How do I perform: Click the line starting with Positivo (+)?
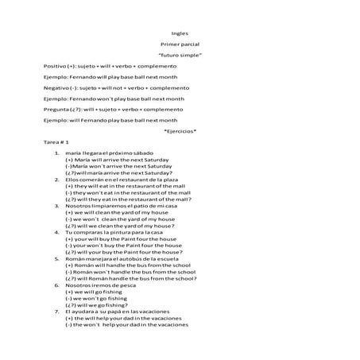click(104, 66)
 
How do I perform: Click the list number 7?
click(57, 311)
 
